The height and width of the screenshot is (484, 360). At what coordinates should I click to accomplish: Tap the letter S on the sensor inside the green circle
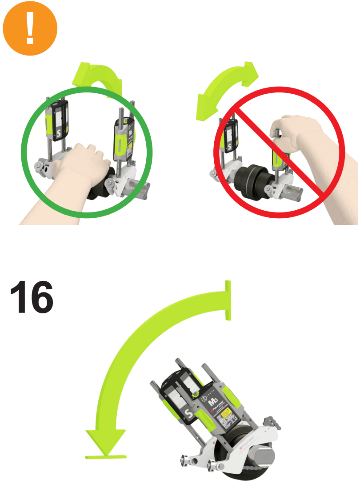(58, 133)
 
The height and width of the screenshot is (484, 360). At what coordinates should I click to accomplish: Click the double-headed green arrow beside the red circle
(227, 91)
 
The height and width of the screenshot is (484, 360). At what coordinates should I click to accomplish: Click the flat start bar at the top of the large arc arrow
(228, 300)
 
